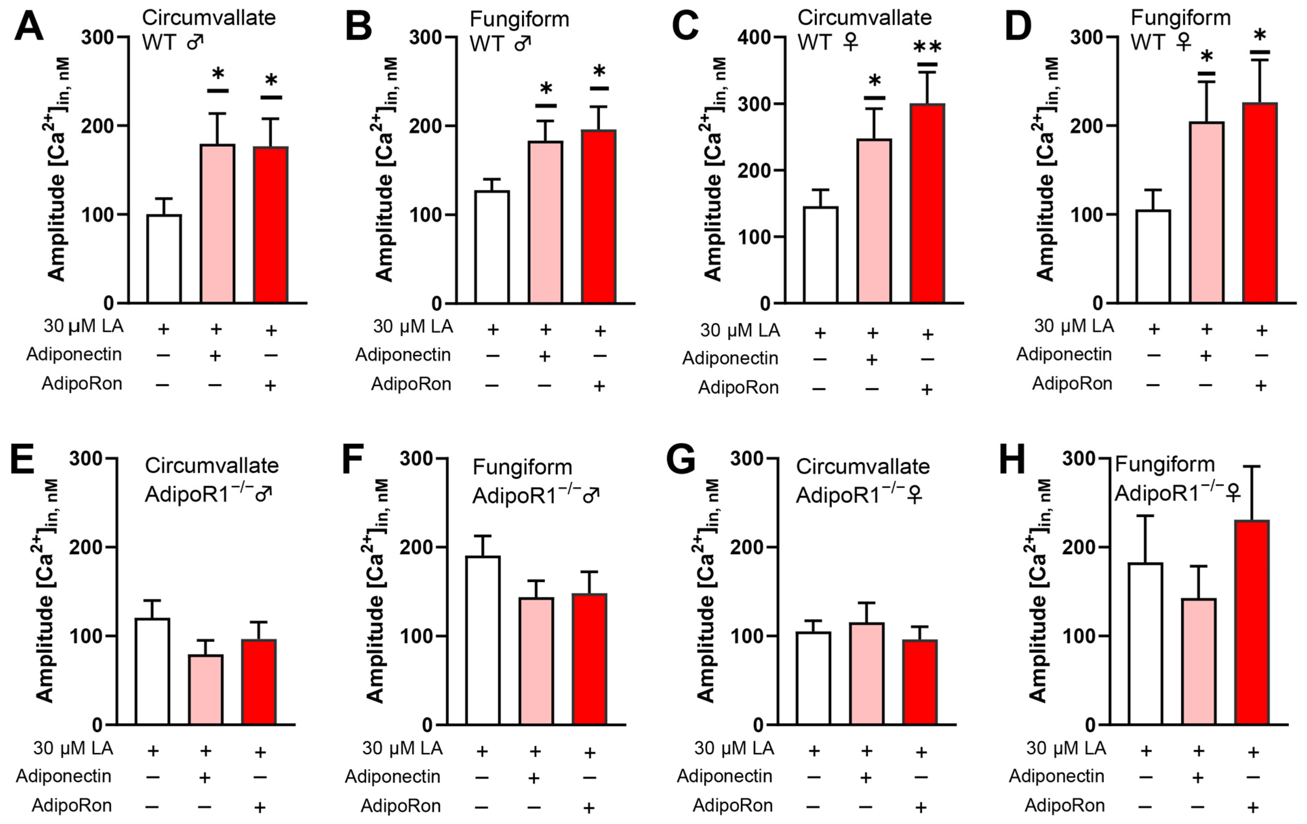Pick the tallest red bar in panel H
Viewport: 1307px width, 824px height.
click(x=1252, y=622)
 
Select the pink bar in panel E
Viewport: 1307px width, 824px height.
click(x=206, y=689)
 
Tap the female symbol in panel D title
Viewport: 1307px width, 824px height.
click(x=1184, y=42)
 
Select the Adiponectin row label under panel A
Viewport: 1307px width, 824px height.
click(x=74, y=355)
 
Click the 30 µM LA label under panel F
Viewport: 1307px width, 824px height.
click(x=402, y=748)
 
